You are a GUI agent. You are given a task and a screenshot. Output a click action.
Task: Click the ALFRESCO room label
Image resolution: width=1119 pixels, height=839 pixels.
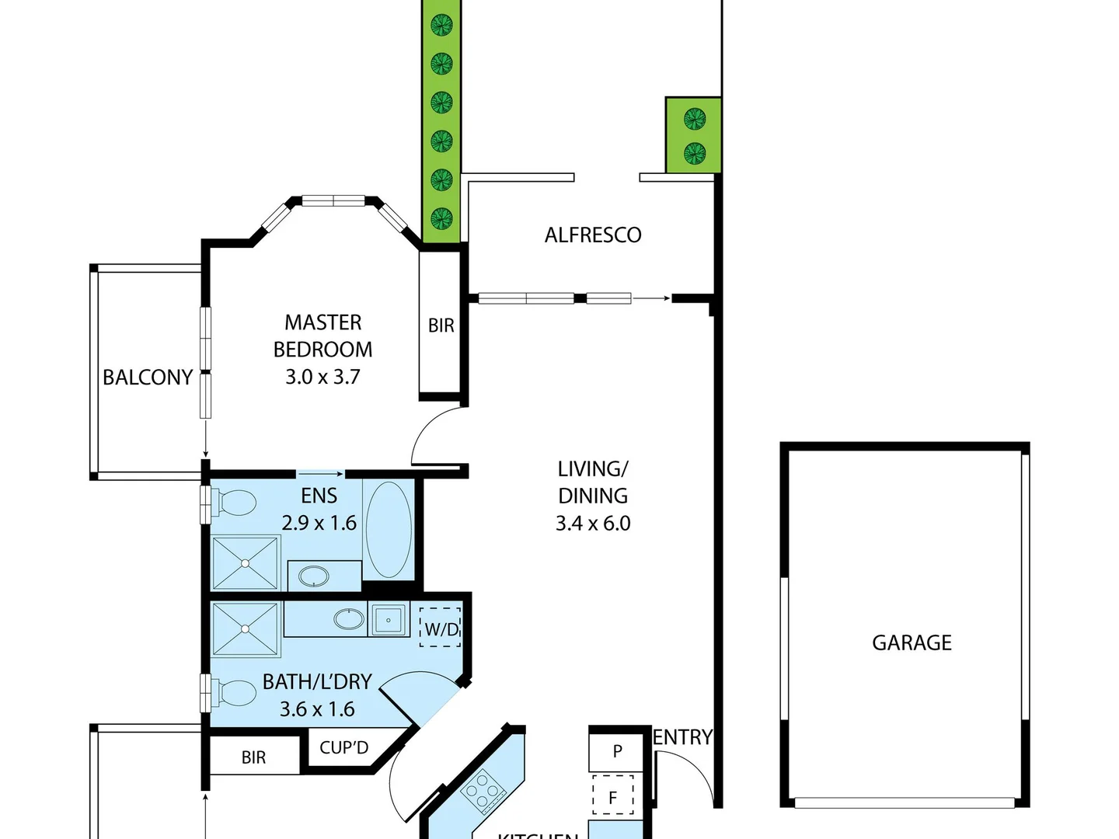coord(593,235)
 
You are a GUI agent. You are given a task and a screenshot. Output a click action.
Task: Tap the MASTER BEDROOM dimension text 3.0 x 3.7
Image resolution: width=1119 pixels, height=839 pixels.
coord(322,377)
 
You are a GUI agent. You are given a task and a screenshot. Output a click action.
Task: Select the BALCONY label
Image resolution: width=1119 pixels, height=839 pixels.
coord(148,378)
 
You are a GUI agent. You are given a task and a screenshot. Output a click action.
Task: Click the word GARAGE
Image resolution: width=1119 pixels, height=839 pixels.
coord(912,642)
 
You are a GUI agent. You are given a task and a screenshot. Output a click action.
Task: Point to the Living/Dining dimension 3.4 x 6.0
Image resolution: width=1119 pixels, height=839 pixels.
coord(593,524)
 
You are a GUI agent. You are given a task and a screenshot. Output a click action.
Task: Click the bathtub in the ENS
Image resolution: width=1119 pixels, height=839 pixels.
coord(389,530)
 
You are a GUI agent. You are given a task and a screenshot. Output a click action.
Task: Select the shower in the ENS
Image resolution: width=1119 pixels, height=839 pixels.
coord(246,562)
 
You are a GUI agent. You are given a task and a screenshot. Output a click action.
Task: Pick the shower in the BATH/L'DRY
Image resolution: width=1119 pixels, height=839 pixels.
coord(246,629)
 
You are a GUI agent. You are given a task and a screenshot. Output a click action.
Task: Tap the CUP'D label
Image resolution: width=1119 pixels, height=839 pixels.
coord(343,748)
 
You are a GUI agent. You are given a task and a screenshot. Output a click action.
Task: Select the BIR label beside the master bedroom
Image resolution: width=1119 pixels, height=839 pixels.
coord(441,326)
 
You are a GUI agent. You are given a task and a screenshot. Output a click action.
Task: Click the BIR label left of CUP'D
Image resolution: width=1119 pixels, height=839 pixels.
coord(253,757)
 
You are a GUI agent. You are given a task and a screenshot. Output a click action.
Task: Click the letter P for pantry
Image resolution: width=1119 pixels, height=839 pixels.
coord(617,751)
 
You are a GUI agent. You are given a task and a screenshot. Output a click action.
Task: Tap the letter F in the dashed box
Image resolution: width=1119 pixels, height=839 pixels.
coord(612,797)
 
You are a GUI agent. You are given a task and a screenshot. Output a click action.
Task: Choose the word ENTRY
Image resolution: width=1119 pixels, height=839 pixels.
coord(682,737)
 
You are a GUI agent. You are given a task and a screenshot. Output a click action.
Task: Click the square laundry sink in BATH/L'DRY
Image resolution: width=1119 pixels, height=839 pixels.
coord(389,620)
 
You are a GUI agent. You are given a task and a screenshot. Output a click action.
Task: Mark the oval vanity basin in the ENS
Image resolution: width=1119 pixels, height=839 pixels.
coord(314,576)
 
